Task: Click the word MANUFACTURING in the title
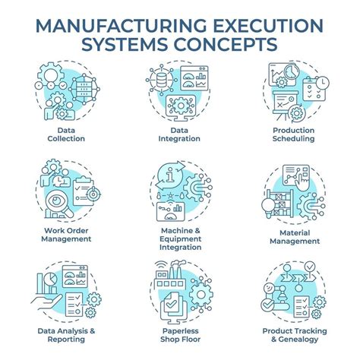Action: point(122,26)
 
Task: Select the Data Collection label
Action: point(66,134)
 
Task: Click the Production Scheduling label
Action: point(294,134)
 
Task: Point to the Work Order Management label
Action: point(66,235)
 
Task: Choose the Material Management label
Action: point(295,237)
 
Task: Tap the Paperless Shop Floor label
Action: point(180,335)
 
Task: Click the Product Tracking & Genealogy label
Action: point(295,335)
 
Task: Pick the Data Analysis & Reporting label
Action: point(66,335)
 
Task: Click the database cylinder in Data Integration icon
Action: point(162,80)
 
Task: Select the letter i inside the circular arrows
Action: point(170,175)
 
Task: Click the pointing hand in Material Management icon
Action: point(303,182)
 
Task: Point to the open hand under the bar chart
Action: point(46,302)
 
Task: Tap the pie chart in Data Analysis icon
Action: point(51,279)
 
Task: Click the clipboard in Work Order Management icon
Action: point(84,191)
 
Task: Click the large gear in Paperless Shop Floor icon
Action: point(201,295)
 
